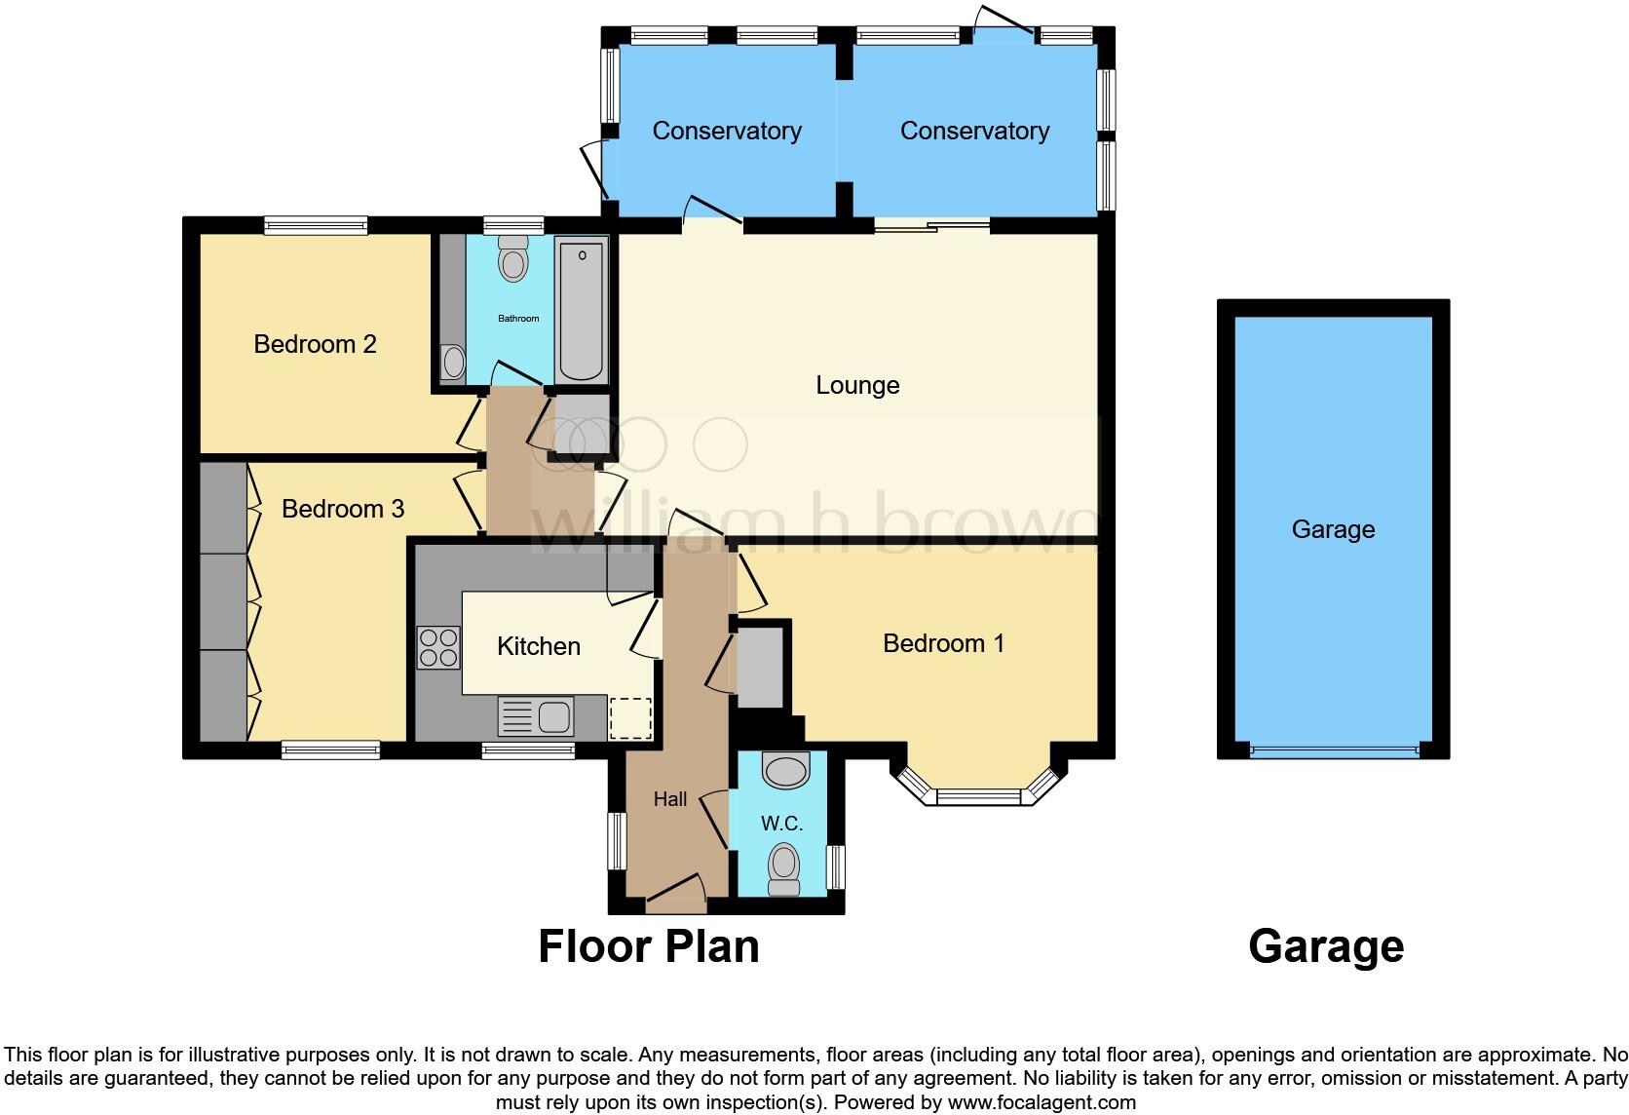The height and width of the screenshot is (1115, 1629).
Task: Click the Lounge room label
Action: tap(857, 385)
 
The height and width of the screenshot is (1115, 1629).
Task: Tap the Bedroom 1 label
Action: tap(943, 643)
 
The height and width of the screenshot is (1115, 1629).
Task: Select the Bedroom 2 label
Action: tap(315, 344)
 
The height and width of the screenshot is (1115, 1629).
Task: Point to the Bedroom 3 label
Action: tap(343, 509)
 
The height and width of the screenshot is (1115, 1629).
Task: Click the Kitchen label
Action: tap(538, 646)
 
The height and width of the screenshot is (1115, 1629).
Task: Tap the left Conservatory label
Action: tap(727, 131)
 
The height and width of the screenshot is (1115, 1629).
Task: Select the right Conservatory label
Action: tap(974, 131)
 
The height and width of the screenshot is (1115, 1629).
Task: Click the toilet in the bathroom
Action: tap(512, 258)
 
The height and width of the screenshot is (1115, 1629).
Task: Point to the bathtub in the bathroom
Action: tap(582, 312)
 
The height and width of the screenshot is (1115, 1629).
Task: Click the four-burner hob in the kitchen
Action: tap(438, 647)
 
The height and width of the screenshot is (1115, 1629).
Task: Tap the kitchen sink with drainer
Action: tap(535, 717)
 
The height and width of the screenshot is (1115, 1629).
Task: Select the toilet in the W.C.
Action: tap(784, 869)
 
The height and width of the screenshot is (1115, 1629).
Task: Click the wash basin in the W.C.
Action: tap(785, 770)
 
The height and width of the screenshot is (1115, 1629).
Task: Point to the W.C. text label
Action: tap(781, 824)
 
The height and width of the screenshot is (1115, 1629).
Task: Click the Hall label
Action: tap(670, 799)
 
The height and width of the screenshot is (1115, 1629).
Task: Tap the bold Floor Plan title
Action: tap(649, 946)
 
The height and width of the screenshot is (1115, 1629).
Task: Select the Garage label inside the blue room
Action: tap(1333, 529)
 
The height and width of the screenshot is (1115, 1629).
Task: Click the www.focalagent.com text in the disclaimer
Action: tap(1041, 1103)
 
